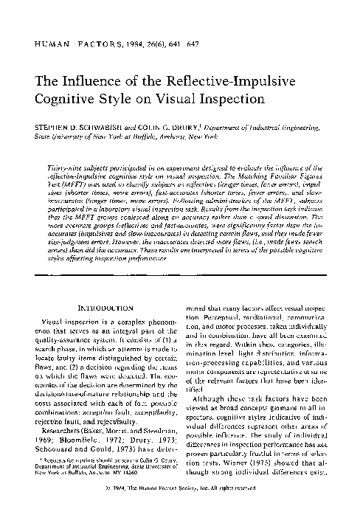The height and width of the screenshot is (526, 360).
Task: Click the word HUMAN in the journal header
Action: pyautogui.click(x=54, y=45)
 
